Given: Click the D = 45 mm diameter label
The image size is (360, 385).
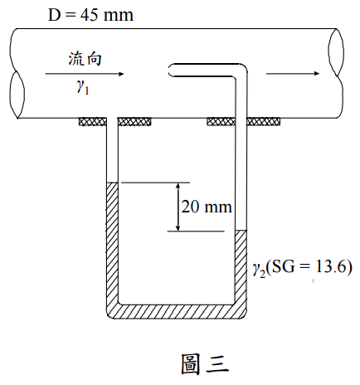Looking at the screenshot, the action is click(90, 15).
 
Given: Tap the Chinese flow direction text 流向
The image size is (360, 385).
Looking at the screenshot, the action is click(85, 59).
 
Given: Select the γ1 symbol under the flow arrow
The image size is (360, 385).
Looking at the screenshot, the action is click(83, 88).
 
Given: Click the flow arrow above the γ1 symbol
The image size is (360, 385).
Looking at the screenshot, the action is click(85, 74).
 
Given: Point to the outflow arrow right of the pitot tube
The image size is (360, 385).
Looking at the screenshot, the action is click(293, 73).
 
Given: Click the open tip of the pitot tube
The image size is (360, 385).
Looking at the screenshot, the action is click(169, 70).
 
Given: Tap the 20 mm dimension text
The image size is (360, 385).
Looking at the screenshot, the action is click(207, 207).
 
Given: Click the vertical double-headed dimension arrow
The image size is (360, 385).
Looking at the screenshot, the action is click(178, 207).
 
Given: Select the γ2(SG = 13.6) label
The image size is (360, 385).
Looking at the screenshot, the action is click(302, 268).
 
